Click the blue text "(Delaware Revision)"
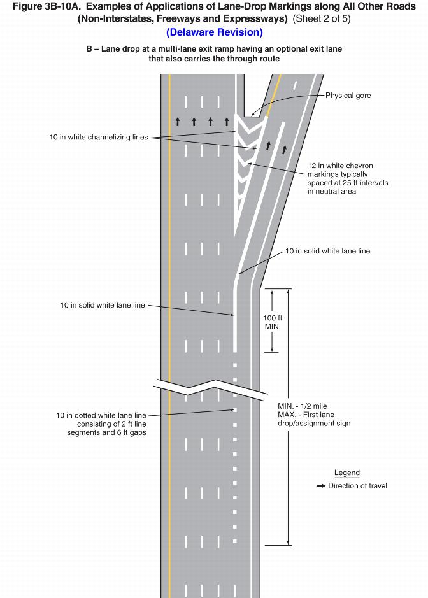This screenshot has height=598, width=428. pyautogui.click(x=214, y=32)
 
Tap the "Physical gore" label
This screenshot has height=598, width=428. pyautogui.click(x=348, y=96)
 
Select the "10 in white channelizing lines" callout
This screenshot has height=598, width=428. pyautogui.click(x=98, y=137)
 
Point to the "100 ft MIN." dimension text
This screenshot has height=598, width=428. pyautogui.click(x=273, y=322)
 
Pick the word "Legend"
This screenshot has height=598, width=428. pyautogui.click(x=347, y=473)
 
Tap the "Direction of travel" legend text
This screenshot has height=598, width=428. pyautogui.click(x=357, y=486)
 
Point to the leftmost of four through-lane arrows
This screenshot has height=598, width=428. pyautogui.click(x=178, y=120)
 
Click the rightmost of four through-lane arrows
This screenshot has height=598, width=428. pyautogui.click(x=227, y=120)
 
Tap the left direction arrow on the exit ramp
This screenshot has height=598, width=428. pyautogui.click(x=268, y=145)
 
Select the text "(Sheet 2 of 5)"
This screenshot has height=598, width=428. pyautogui.click(x=322, y=19)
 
